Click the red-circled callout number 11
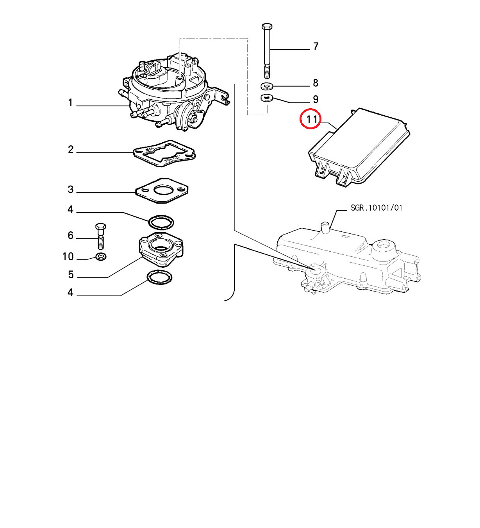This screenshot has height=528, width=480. pyautogui.click(x=312, y=120)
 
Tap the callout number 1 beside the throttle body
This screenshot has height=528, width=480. pyautogui.click(x=70, y=103)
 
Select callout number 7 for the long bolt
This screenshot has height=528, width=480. pyautogui.click(x=316, y=47)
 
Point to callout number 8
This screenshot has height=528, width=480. pyautogui.click(x=316, y=83)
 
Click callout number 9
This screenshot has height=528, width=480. pyautogui.click(x=316, y=100)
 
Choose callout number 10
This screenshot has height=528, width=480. pyautogui.click(x=68, y=257)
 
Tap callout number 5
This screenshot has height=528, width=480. pyautogui.click(x=71, y=275)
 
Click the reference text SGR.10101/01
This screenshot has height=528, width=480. pyautogui.click(x=377, y=208)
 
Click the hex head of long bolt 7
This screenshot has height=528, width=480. pyautogui.click(x=267, y=26)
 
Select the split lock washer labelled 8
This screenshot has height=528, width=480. pyautogui.click(x=267, y=86)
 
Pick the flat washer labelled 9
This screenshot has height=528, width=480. pyautogui.click(x=267, y=98)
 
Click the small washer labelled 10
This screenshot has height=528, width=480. pyautogui.click(x=101, y=256)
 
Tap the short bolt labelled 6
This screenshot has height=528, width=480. pyautogui.click(x=100, y=236)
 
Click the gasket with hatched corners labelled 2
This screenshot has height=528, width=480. pyautogui.click(x=164, y=154)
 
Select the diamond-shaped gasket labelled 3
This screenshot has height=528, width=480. pyautogui.click(x=162, y=191)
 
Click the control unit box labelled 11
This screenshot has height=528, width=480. pyautogui.click(x=359, y=148)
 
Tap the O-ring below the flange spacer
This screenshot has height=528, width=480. pyautogui.click(x=159, y=278)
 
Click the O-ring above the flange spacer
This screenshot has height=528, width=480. pyautogui.click(x=161, y=222)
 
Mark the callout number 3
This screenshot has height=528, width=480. pyautogui.click(x=71, y=190)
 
